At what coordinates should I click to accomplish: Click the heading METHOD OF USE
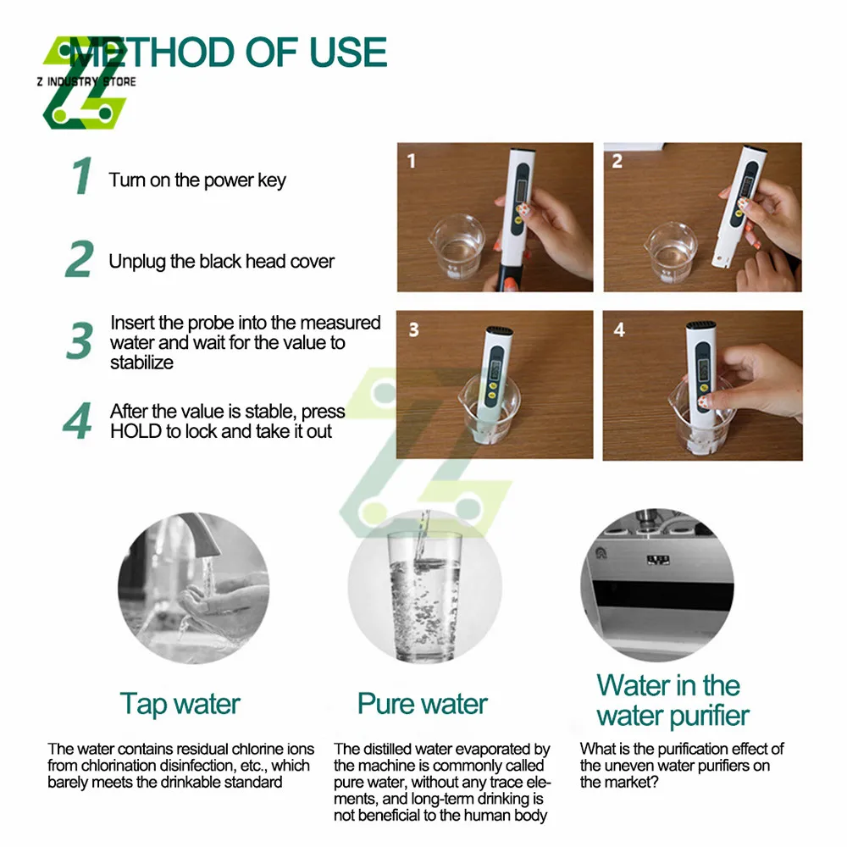tap(228, 53)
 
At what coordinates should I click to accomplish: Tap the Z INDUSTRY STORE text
tap(86, 81)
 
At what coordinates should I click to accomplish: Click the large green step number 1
tap(82, 175)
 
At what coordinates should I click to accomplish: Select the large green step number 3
tap(80, 340)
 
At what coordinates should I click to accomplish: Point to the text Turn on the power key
tap(197, 180)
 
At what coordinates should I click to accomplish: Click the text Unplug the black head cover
tap(221, 262)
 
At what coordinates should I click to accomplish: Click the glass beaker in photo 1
tap(457, 246)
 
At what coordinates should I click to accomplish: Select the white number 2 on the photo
tap(617, 161)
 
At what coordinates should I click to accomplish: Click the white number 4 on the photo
tap(619, 329)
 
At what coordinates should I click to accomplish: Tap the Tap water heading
tap(180, 705)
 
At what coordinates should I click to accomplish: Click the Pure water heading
tap(423, 704)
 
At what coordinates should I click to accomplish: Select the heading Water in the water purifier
tap(673, 701)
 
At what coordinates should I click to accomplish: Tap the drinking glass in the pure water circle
tap(425, 597)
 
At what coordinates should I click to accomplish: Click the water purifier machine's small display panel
tap(658, 560)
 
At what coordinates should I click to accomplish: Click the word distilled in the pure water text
tap(385, 750)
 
